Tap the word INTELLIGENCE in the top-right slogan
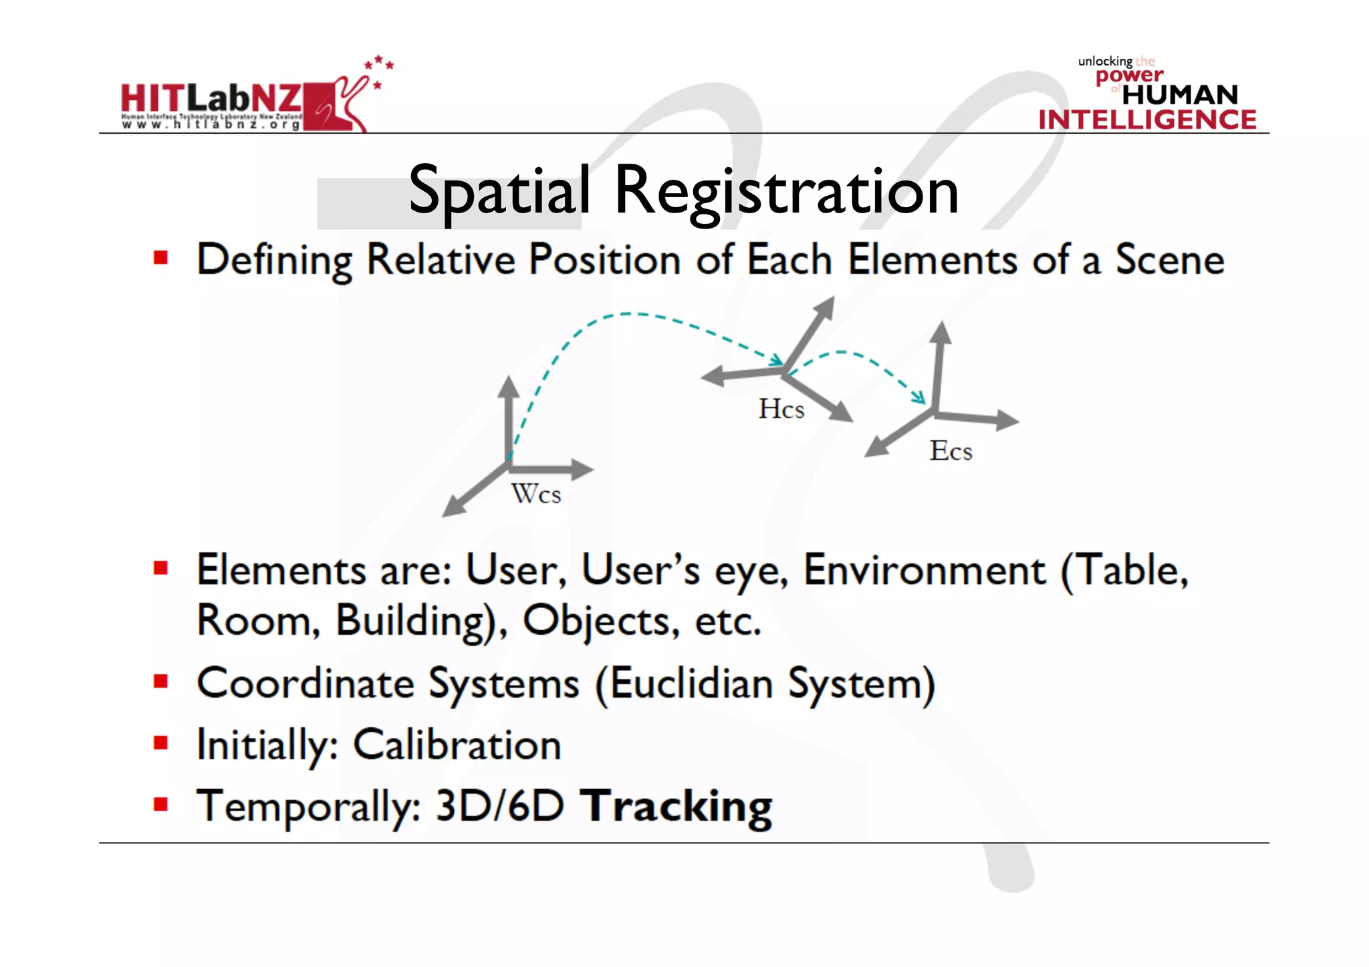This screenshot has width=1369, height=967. pyautogui.click(x=1147, y=120)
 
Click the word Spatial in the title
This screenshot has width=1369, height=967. pyautogui.click(x=499, y=191)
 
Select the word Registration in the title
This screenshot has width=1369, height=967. pyautogui.click(x=786, y=192)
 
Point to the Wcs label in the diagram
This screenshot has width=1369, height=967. pyautogui.click(x=536, y=495)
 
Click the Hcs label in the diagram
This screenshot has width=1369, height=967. pyautogui.click(x=781, y=409)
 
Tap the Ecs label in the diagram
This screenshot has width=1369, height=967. pyautogui.click(x=951, y=451)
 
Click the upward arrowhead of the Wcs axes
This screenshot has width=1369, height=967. pyautogui.click(x=509, y=386)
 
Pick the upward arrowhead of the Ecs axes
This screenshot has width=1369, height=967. pyautogui.click(x=941, y=333)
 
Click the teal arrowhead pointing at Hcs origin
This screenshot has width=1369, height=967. pyautogui.click(x=777, y=362)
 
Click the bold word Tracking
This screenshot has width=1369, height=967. pyautogui.click(x=676, y=807)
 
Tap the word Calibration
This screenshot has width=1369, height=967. pyautogui.click(x=457, y=745)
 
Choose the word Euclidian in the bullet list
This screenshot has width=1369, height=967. pyautogui.click(x=691, y=684)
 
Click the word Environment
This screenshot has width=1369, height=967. pyautogui.click(x=924, y=571)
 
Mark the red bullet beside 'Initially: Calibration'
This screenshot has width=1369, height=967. pyautogui.click(x=160, y=742)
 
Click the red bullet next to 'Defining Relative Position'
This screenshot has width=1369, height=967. pyautogui.click(x=160, y=258)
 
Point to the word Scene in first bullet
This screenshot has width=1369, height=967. pyautogui.click(x=1170, y=259)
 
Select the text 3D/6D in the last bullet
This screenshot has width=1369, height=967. pyautogui.click(x=500, y=807)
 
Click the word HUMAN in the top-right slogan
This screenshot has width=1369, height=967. pyautogui.click(x=1180, y=95)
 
